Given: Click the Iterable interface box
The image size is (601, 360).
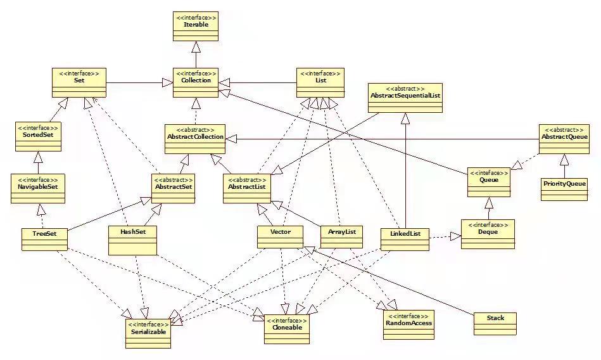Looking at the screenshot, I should tap(196, 25).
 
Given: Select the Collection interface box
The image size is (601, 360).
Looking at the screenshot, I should tap(196, 83).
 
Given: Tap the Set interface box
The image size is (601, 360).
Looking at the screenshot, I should tap(79, 83).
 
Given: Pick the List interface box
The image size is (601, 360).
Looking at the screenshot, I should tap(320, 83).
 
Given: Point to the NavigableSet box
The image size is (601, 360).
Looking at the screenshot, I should tap(38, 188).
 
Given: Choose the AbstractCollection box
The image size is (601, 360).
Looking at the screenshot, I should tap(194, 137).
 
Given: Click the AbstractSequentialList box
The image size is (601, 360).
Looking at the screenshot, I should tap(405, 96).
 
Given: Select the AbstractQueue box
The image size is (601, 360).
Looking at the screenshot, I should tap(564, 137).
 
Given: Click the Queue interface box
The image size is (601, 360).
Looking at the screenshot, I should tap(488, 180).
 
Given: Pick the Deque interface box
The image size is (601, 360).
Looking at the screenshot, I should tap(488, 233).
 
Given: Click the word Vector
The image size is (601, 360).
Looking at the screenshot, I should tap(280, 233).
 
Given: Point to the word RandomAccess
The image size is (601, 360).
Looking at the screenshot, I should tap(408, 323).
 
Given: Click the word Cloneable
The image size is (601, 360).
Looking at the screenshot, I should tap(286, 327).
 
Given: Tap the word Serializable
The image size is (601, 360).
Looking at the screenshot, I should tap(148, 331).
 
